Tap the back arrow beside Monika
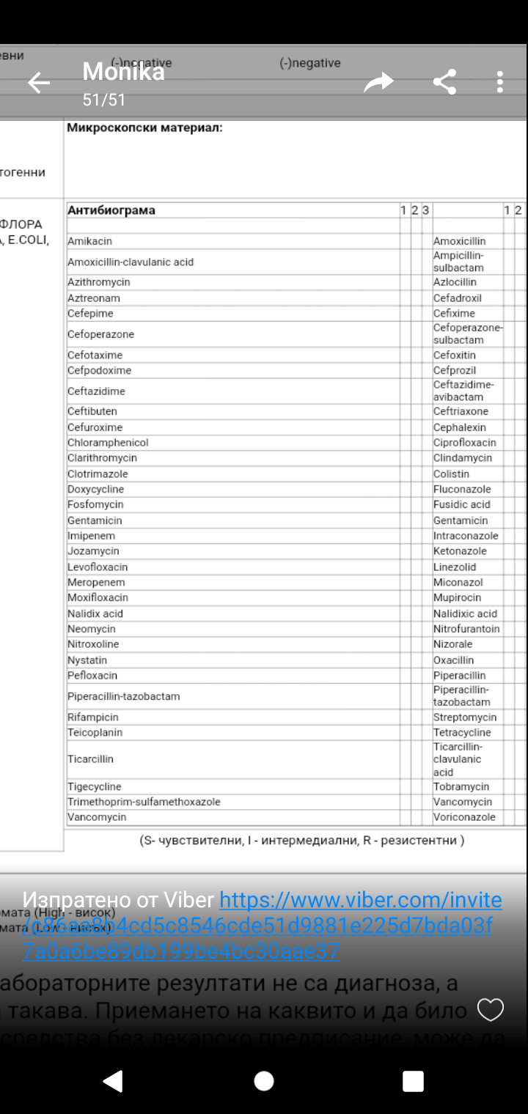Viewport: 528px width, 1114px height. (x=39, y=83)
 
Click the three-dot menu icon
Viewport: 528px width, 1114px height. (x=499, y=82)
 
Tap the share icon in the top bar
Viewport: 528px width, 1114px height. (x=444, y=82)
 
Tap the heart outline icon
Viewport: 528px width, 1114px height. (x=491, y=1010)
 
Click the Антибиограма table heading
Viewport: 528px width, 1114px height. (x=111, y=210)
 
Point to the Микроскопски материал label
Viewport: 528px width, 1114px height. (x=144, y=128)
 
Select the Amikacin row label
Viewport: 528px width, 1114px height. (x=89, y=241)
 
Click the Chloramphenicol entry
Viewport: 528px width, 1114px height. (x=108, y=443)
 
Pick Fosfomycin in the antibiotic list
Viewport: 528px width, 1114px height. (x=95, y=504)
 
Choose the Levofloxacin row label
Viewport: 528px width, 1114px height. (x=98, y=567)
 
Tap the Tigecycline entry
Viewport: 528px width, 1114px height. (x=95, y=786)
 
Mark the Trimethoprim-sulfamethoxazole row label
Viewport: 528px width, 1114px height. (x=144, y=802)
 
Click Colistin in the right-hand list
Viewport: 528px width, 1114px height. (x=451, y=473)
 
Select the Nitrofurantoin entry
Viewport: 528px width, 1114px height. (x=466, y=629)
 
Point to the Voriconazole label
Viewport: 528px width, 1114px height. (x=464, y=817)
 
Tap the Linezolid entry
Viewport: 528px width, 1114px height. (x=455, y=567)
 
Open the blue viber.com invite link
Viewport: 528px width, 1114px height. (x=360, y=900)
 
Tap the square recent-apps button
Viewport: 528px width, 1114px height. (x=414, y=1081)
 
